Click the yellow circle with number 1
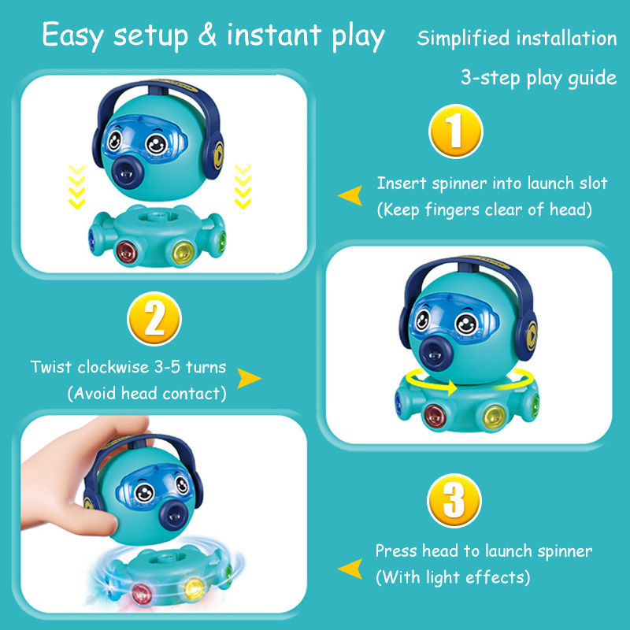coord(456,131)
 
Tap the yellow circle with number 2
coord(154,319)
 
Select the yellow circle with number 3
coord(454,501)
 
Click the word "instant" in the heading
coord(274,35)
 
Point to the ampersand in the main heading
coord(207,35)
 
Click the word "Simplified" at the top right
coord(463,38)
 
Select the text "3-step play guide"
coord(539,77)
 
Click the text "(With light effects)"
coord(453,577)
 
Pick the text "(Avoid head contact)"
coord(146,393)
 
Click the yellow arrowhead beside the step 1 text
coord(350,195)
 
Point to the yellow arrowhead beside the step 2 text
coord(249,378)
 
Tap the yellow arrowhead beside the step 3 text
coord(350,569)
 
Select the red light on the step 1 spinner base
coord(127,251)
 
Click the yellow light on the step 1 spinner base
coord(183,252)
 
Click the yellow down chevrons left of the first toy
coord(76,187)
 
